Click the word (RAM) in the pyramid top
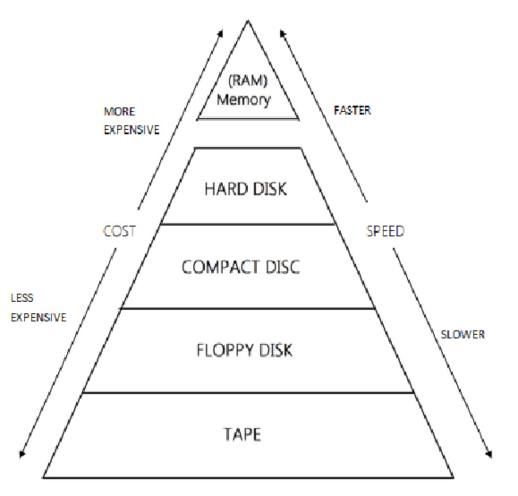[248, 81]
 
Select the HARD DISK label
[245, 189]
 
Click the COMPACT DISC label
[241, 267]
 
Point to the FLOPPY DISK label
[244, 350]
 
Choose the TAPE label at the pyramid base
[242, 434]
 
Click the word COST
[119, 231]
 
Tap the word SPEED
[385, 231]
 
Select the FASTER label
[352, 110]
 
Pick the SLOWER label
[463, 334]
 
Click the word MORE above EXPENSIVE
[119, 111]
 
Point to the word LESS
[22, 298]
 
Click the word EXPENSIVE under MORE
[132, 130]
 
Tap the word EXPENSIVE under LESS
[38, 317]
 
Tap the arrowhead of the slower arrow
[489, 454]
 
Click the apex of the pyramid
[248, 21]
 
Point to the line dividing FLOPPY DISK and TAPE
[248, 393]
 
